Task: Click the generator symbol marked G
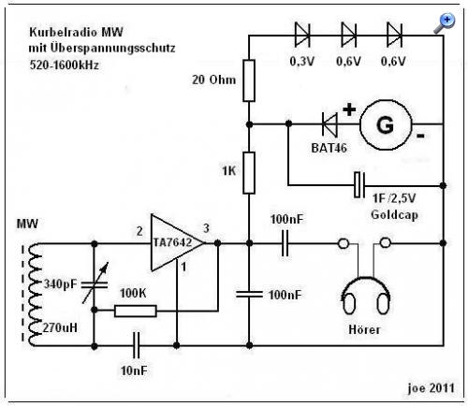386,125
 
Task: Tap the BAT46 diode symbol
329,124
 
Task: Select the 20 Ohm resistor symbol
249,80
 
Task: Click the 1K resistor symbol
249,173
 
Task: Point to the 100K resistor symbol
136,311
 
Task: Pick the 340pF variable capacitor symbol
95,284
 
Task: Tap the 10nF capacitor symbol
136,345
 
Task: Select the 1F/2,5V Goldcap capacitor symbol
359,185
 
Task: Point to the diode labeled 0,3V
302,36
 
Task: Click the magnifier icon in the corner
445,23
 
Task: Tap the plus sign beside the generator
349,109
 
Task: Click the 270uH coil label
60,327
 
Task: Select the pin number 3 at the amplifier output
206,228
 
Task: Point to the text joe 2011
431,387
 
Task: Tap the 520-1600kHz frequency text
64,65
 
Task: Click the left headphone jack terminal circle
344,243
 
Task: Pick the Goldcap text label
394,215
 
